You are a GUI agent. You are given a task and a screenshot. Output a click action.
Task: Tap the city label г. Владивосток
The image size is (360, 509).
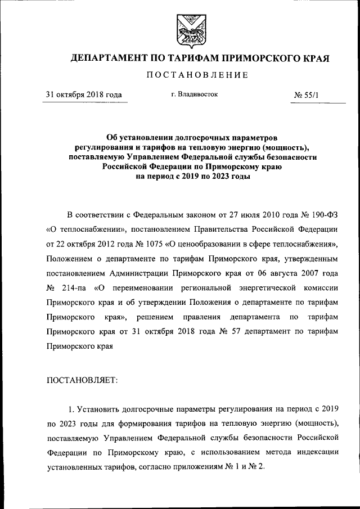click(194, 94)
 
